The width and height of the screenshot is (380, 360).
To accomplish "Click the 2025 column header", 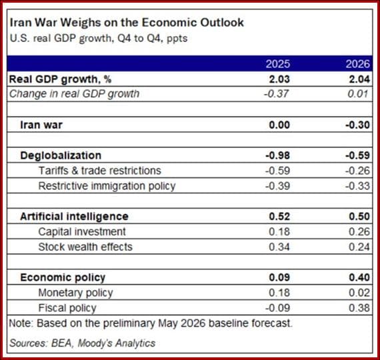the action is point(278,64).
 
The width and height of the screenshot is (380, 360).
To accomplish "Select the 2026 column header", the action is point(358,64).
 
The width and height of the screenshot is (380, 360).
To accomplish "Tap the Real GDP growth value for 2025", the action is point(279,79).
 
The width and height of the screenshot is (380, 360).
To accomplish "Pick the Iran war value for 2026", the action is point(358,125).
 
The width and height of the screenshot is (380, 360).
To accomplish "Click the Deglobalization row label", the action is point(61,155).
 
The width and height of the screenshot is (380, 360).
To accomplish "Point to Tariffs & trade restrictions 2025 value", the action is point(277,171).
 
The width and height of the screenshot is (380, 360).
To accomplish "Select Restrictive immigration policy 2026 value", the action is point(358,186).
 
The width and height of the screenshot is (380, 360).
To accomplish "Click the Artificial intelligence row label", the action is point(74,216).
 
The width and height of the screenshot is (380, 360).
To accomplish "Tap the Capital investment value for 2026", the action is point(359,232).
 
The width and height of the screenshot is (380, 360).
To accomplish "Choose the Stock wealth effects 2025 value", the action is point(279,247).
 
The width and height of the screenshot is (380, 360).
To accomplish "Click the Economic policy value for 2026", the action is point(359,277).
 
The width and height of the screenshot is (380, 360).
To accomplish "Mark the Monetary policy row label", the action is point(75,293).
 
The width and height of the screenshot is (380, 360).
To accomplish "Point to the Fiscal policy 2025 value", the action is point(277,308).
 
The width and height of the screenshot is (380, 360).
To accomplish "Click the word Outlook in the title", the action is point(222,23).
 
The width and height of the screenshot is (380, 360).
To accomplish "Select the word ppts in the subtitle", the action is point(177,39).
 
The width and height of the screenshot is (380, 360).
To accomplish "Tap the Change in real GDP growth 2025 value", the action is point(276,93).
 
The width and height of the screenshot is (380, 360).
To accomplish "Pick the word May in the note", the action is point(168,323).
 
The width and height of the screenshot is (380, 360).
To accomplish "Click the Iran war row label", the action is point(41,125).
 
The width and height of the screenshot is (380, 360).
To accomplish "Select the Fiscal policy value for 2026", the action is point(359,308).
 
